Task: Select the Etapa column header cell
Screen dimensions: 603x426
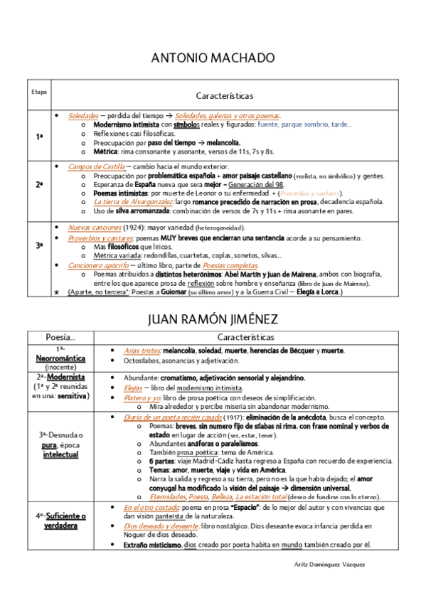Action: point(39,92)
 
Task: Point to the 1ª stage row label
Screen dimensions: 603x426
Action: point(39,135)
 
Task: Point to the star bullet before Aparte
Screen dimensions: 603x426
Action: point(56,292)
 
